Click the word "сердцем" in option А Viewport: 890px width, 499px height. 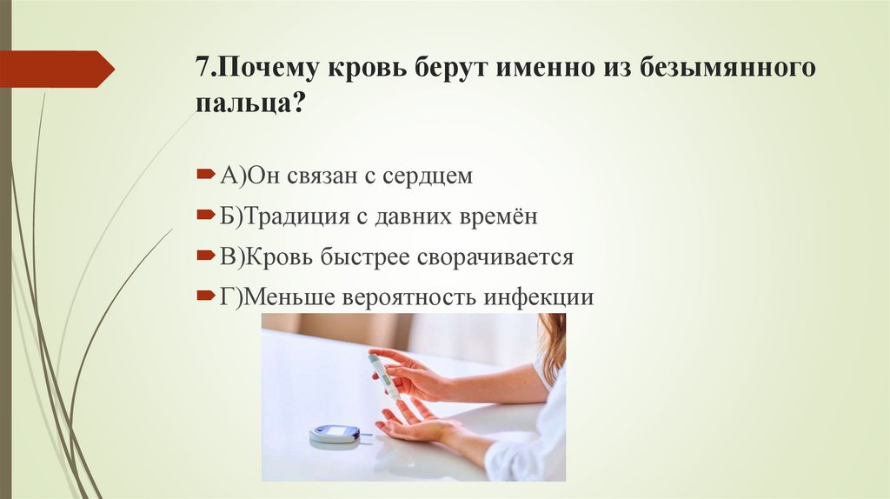[x=429, y=176]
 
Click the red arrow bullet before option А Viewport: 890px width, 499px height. [x=204, y=175]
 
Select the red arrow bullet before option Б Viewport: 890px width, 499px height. [x=204, y=215]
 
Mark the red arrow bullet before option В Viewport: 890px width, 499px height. [x=204, y=256]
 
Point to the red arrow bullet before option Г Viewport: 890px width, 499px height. [x=204, y=296]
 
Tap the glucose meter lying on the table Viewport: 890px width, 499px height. [x=335, y=433]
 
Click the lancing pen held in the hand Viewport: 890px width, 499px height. [x=383, y=375]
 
